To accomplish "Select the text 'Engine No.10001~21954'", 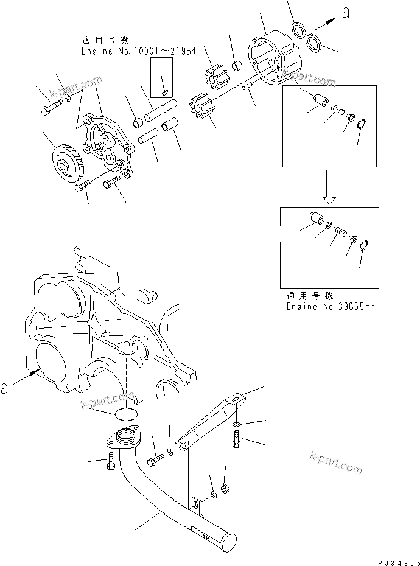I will coord(139,51).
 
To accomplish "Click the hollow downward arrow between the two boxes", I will coord(329,187).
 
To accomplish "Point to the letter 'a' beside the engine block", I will coord(5,388).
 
